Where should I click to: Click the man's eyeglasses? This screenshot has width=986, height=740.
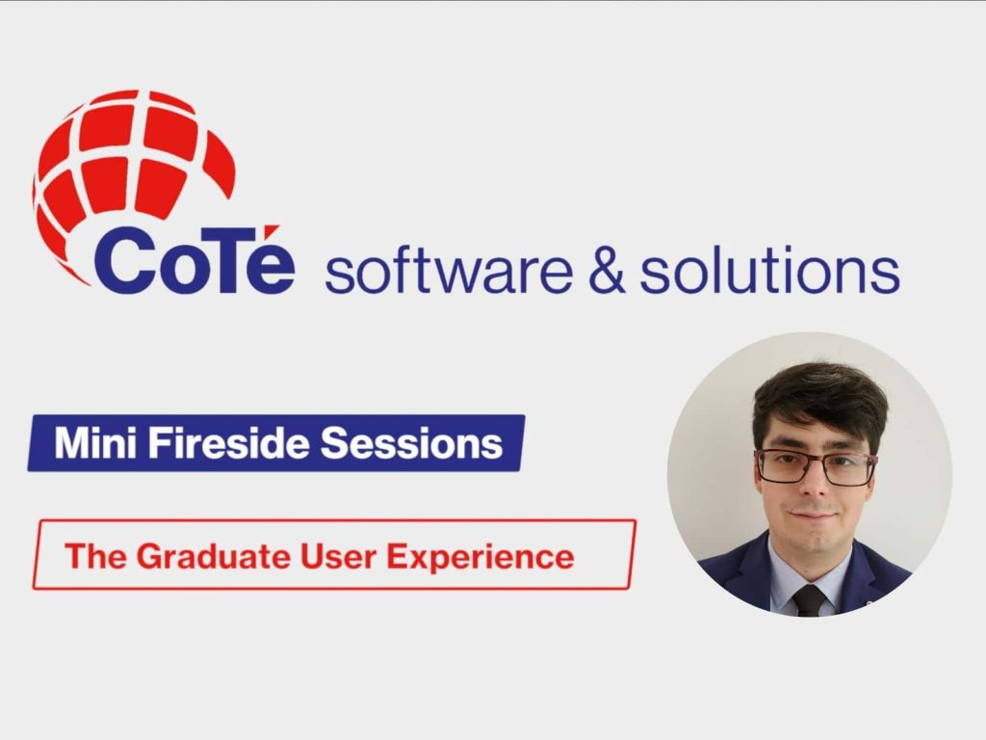tap(816, 467)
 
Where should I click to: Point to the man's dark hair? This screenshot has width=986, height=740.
tap(819, 395)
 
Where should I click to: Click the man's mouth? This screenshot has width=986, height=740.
tap(814, 516)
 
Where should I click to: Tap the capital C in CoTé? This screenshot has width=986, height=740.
tap(123, 263)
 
